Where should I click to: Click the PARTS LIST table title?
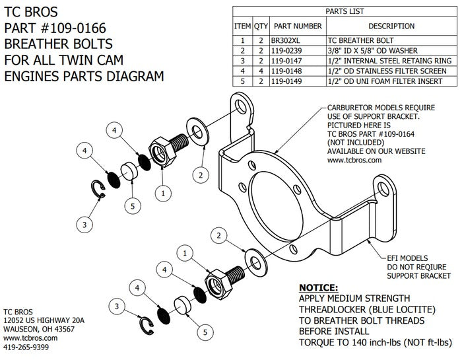pos(344,11)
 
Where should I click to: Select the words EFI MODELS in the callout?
pos(409,258)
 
